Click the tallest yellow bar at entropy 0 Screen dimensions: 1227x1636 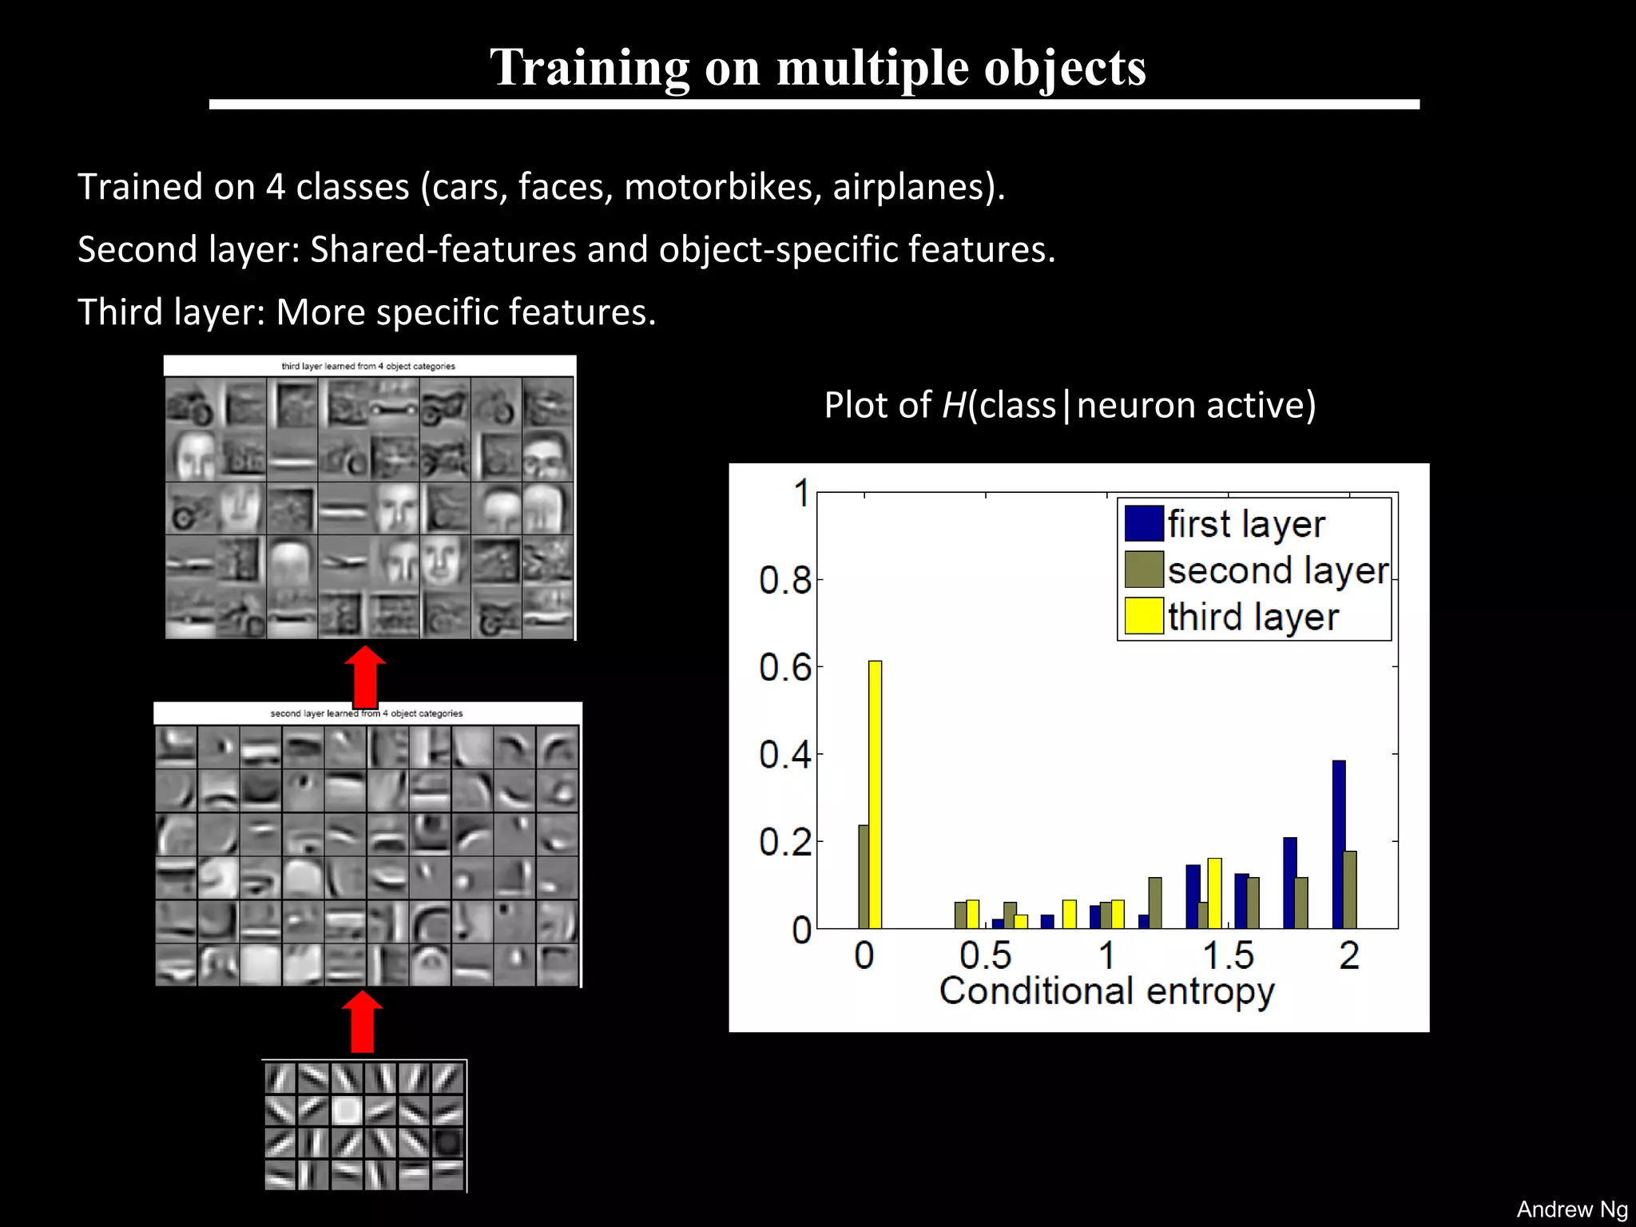pos(875,794)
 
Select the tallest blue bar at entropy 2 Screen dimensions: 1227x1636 pos(1339,844)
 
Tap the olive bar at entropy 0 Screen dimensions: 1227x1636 pos(864,876)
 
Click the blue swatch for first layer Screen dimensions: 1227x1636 pos(1143,524)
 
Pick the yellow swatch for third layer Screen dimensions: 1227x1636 pos(1143,616)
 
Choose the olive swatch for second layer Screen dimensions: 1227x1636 pos(1143,570)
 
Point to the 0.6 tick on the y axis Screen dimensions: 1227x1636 pos(784,667)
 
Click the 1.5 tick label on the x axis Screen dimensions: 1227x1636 pos(1228,955)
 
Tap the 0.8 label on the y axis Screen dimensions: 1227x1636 pos(784,580)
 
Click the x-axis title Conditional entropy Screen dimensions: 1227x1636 pos(1106,991)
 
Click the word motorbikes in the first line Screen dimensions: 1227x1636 pos(722,187)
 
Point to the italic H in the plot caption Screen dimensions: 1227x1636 pos(954,405)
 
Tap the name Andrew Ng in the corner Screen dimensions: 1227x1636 pos(1571,1209)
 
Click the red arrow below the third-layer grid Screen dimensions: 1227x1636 pos(365,675)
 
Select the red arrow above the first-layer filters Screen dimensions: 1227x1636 pos(362,1022)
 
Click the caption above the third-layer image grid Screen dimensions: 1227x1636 pos(368,367)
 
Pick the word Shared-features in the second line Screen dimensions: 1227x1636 pos(443,249)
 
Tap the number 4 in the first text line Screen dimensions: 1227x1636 pos(275,187)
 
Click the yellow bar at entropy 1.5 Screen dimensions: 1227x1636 pos(1215,893)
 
